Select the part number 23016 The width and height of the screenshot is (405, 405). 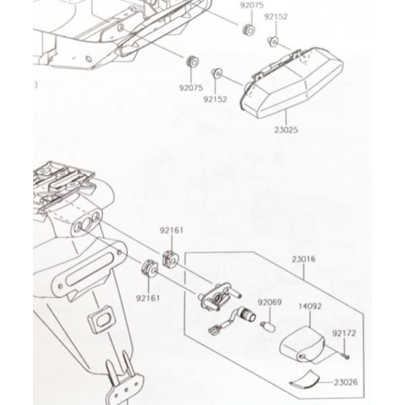tap(304, 259)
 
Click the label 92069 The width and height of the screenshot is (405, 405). tap(269, 302)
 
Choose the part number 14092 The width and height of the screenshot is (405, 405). tap(310, 306)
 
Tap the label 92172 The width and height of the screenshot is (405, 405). tap(344, 333)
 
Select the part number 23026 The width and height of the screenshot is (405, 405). tap(345, 383)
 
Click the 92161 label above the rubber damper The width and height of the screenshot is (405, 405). tap(171, 230)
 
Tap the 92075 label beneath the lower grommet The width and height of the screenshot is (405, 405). tap(191, 88)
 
